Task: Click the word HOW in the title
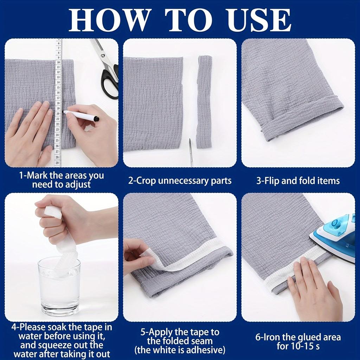[x=109, y=20]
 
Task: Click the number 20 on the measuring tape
[x=58, y=114]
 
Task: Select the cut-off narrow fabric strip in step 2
[x=205, y=102]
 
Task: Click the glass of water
[x=59, y=287]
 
